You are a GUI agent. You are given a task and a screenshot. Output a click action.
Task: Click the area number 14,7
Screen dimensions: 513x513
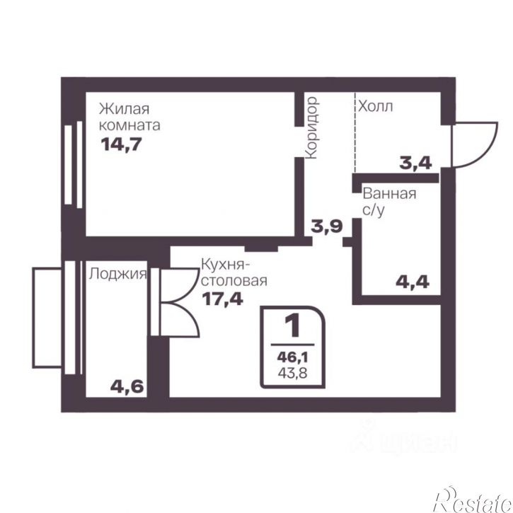click(122, 144)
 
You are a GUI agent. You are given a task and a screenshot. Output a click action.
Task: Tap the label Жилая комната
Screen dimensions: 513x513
click(129, 117)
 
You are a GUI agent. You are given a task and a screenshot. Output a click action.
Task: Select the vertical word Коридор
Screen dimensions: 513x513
click(311, 127)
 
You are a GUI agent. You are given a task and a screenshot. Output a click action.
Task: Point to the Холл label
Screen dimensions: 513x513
click(376, 106)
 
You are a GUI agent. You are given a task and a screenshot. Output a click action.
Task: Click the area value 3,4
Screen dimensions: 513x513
click(415, 163)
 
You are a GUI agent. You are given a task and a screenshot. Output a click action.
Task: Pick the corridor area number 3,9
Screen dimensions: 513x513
click(326, 226)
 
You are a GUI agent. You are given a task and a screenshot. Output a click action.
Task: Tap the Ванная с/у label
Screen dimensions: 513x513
click(389, 202)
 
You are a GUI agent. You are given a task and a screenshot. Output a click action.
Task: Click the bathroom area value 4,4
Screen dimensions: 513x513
click(413, 282)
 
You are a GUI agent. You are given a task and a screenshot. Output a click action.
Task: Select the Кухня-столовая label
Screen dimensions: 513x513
click(234, 272)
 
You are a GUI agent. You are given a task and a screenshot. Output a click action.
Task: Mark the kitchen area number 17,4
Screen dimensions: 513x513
click(222, 299)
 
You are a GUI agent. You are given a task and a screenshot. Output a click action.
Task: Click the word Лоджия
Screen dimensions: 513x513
click(117, 274)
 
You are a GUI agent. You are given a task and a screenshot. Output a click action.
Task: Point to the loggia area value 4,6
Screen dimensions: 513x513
click(127, 387)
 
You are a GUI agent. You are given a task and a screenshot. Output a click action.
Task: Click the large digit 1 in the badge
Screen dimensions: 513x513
click(293, 325)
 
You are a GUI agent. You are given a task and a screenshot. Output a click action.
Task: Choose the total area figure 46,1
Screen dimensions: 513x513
click(292, 357)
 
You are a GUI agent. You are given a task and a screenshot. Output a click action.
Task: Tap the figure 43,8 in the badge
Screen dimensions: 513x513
click(292, 373)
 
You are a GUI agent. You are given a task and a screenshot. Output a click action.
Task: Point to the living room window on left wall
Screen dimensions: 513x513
click(74, 164)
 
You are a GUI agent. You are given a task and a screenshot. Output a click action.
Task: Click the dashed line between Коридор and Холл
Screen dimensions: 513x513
click(355, 132)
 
